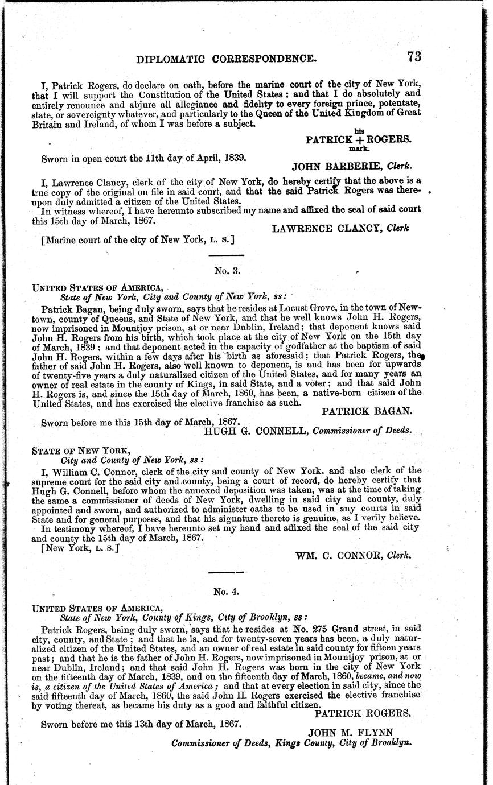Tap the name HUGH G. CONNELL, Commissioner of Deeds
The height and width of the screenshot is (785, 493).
[307, 430]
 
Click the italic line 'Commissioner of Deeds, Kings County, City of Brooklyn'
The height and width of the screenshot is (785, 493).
[291, 743]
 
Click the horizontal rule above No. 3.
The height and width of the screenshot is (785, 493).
[227, 255]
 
